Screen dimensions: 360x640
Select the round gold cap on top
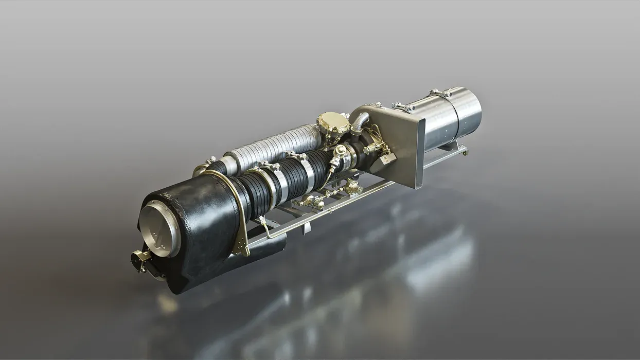click(332, 122)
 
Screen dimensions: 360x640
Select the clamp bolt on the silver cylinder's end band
click(440, 93)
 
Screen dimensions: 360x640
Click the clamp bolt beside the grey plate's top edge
click(403, 107)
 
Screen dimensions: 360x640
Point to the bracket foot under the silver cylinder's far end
click(464, 151)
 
